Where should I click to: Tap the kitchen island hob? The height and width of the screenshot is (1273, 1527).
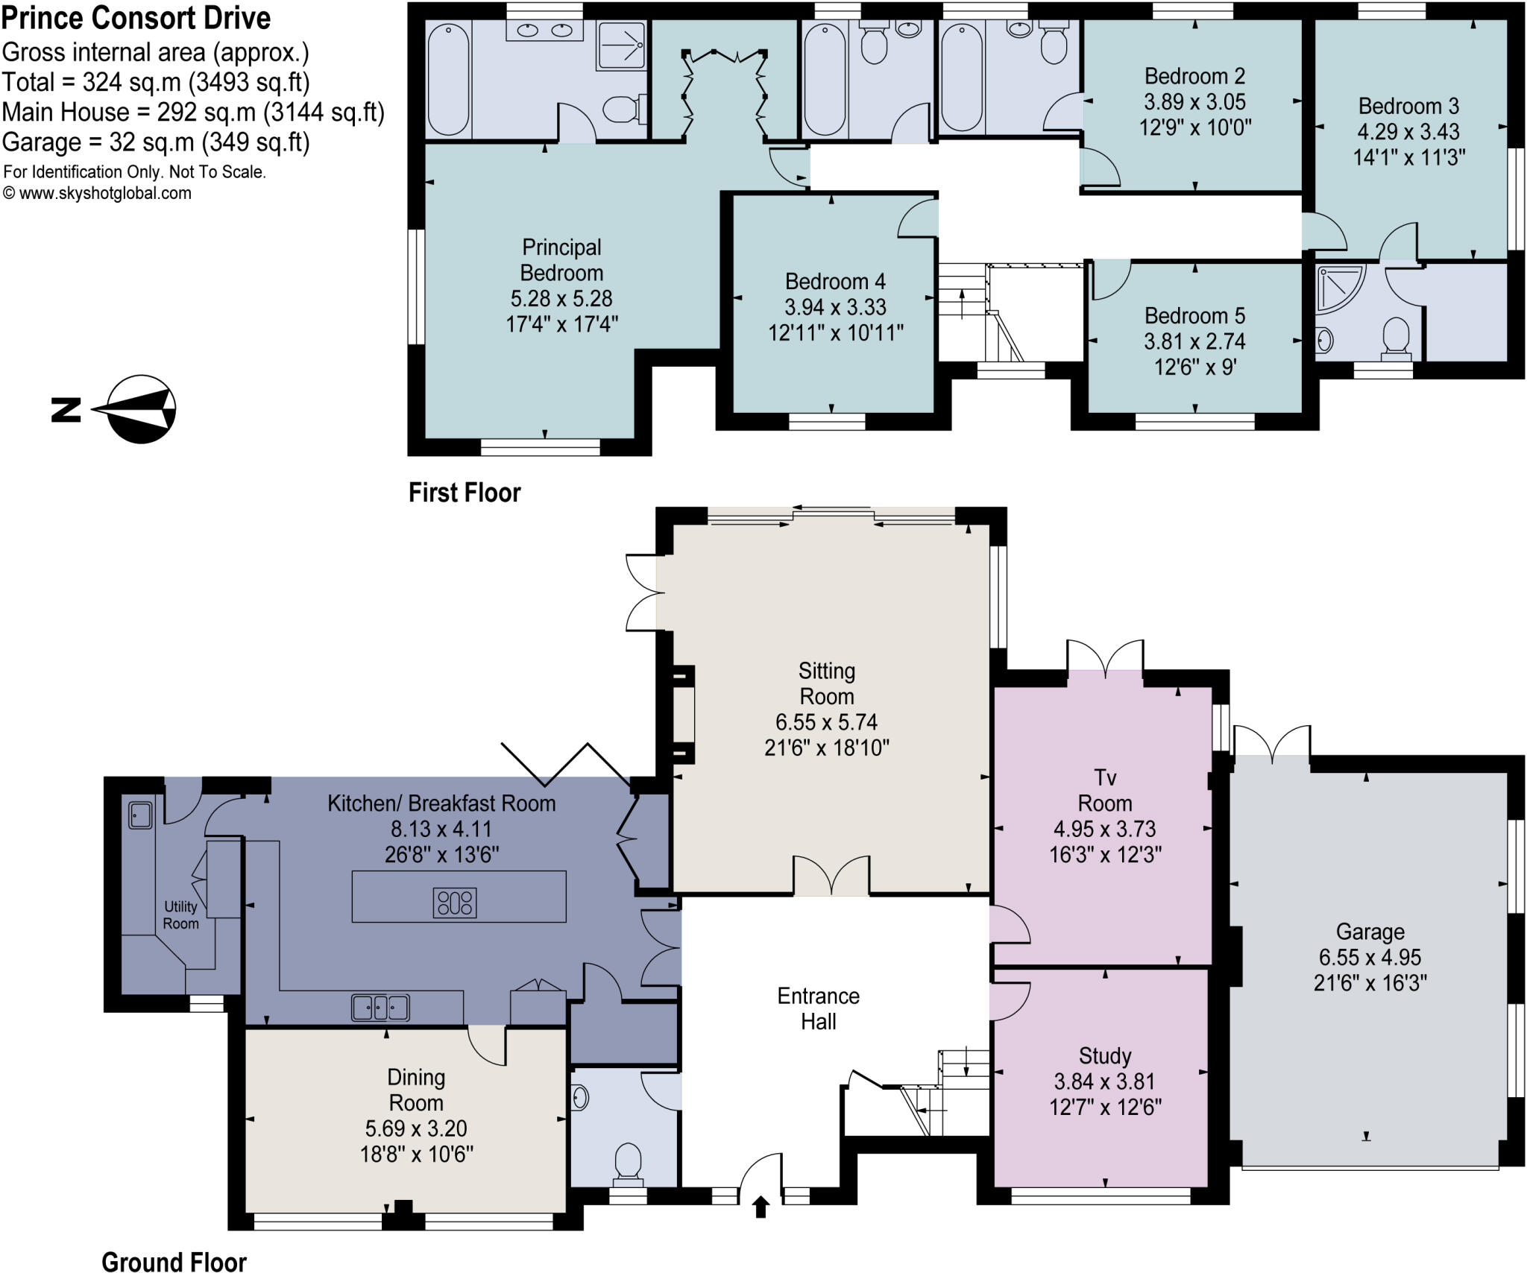coord(455,903)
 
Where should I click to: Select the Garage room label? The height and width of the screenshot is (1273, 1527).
coord(1370,932)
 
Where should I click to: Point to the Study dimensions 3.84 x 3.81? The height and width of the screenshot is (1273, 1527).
coord(1105,1081)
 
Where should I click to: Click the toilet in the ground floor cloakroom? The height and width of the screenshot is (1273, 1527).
coord(628,1163)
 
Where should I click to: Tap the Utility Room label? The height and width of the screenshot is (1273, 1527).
coord(180,915)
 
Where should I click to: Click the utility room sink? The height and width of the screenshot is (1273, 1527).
coord(140,815)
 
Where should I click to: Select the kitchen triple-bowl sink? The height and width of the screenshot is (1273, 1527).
coord(380,1008)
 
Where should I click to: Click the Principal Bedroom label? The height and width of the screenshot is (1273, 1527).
coord(561,259)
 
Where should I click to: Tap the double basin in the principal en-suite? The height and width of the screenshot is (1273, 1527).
coord(544,31)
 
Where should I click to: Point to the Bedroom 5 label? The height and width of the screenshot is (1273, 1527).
coord(1194,316)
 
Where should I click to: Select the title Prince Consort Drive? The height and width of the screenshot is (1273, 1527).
coord(136,18)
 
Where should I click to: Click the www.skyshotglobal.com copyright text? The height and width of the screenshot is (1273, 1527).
coord(98,194)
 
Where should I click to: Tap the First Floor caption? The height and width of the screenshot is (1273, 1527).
coord(465,493)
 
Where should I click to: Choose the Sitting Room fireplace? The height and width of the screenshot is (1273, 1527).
coord(682,716)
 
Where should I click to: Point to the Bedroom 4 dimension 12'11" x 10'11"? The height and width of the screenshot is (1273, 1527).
coord(836,332)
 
